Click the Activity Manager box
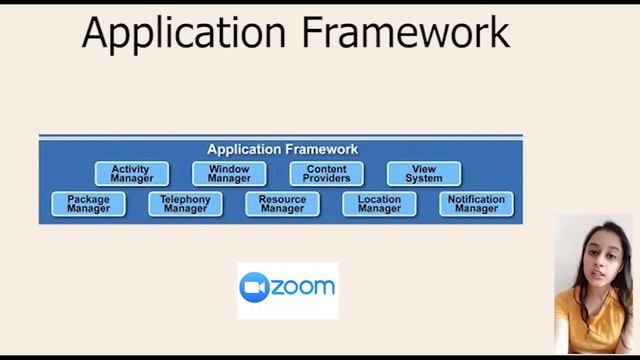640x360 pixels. click(131, 174)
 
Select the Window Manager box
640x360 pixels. click(229, 174)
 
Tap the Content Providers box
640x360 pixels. click(327, 174)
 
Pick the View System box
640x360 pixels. click(424, 174)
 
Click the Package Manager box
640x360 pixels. click(88, 204)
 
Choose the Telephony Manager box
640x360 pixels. click(185, 204)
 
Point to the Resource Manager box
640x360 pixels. click(282, 204)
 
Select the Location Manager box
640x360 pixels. click(379, 204)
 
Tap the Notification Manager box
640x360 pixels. click(476, 204)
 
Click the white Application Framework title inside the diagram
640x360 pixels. click(282, 149)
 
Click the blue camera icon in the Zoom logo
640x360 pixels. click(255, 288)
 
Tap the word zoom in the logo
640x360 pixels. click(303, 288)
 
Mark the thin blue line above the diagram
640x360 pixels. click(280, 136)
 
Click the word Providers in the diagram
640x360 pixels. click(327, 179)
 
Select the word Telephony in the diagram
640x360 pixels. click(185, 199)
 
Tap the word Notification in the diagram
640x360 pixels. click(476, 199)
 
